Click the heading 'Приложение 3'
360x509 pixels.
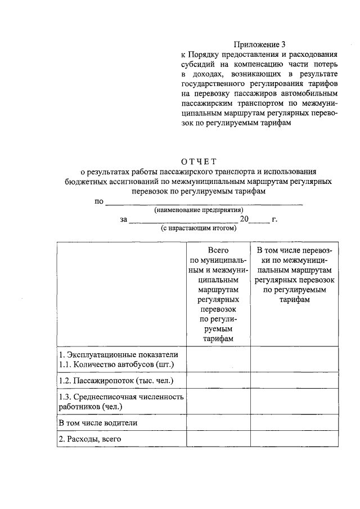pyautogui.click(x=259, y=44)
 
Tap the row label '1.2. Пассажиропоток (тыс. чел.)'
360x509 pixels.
pyautogui.click(x=116, y=381)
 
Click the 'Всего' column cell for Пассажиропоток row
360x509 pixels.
pyautogui.click(x=218, y=381)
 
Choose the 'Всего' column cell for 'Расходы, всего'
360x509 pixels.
pyautogui.click(x=218, y=439)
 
